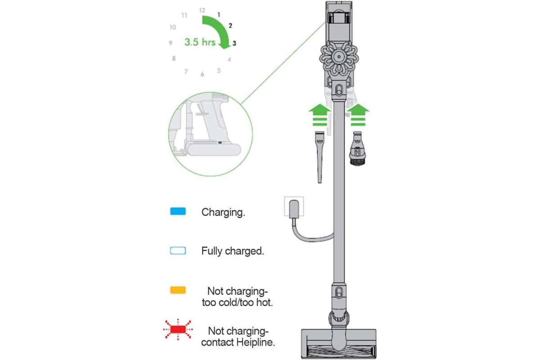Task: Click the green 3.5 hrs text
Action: (x=200, y=42)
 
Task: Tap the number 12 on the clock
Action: (x=202, y=10)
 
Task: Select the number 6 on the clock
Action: (x=202, y=74)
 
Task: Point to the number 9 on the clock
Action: (x=171, y=43)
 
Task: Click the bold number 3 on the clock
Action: (x=234, y=43)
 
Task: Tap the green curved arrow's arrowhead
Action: (x=225, y=45)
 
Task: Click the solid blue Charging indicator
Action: (x=178, y=211)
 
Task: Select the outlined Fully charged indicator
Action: (x=178, y=251)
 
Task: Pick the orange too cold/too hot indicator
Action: (x=178, y=290)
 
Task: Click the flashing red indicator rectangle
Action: (x=178, y=329)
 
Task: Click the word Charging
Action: (x=223, y=212)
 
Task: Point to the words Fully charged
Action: (x=233, y=251)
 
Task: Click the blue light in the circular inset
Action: (x=220, y=143)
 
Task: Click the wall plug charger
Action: (x=294, y=209)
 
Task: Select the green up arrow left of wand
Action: (x=319, y=115)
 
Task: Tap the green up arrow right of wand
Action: (x=358, y=115)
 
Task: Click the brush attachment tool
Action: (x=357, y=148)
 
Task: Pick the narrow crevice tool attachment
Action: (x=319, y=157)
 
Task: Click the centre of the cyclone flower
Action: (x=339, y=57)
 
